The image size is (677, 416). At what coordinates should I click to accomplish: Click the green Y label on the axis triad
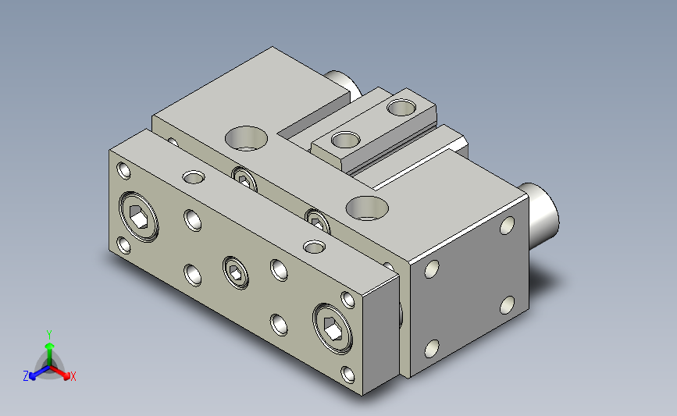(x=48, y=335)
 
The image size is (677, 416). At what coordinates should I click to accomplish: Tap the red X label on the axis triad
(x=73, y=376)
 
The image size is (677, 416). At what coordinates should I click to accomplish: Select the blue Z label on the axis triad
(x=26, y=376)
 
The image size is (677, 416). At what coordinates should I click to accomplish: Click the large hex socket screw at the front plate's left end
(x=138, y=217)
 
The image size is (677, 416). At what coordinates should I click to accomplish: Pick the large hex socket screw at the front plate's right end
(x=333, y=329)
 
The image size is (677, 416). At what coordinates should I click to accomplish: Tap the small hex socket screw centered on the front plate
(x=236, y=272)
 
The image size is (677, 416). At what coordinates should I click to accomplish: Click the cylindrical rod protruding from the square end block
(x=539, y=215)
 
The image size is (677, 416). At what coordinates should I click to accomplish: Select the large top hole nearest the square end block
(x=367, y=208)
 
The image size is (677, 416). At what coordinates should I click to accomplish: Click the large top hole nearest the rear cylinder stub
(x=246, y=138)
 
